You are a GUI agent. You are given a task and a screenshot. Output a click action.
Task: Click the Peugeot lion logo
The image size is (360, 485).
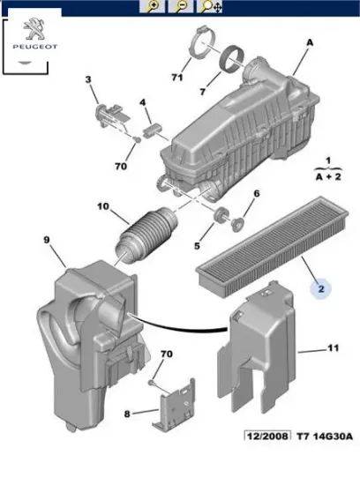(x=34, y=29)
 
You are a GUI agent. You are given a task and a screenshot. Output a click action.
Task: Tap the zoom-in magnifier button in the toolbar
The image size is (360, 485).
(x=152, y=6)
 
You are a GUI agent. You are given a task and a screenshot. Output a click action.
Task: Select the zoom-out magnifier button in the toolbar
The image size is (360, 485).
(x=181, y=6)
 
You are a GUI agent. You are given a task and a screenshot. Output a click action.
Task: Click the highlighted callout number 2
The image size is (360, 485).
(x=321, y=289)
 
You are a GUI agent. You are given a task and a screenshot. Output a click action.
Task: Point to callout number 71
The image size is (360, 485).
(x=177, y=77)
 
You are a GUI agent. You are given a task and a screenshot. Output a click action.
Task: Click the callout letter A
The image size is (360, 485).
(x=310, y=42)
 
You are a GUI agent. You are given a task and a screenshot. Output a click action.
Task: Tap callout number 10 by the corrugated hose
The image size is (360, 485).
(x=103, y=205)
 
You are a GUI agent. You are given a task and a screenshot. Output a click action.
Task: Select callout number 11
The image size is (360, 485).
(x=334, y=348)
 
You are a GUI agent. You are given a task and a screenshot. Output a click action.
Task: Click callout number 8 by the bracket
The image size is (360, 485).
(x=127, y=414)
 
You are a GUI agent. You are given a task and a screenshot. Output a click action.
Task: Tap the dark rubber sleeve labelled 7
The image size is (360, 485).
(x=233, y=59)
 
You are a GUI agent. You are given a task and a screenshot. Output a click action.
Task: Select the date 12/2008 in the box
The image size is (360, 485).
(x=267, y=436)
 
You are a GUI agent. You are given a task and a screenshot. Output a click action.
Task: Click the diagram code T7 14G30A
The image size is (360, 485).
(x=325, y=436)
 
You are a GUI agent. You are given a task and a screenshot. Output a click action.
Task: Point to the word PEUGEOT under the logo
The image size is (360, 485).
(x=34, y=47)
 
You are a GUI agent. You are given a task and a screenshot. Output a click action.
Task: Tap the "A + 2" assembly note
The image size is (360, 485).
(x=328, y=177)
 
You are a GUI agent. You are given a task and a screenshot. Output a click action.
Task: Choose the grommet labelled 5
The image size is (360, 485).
(x=221, y=215)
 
